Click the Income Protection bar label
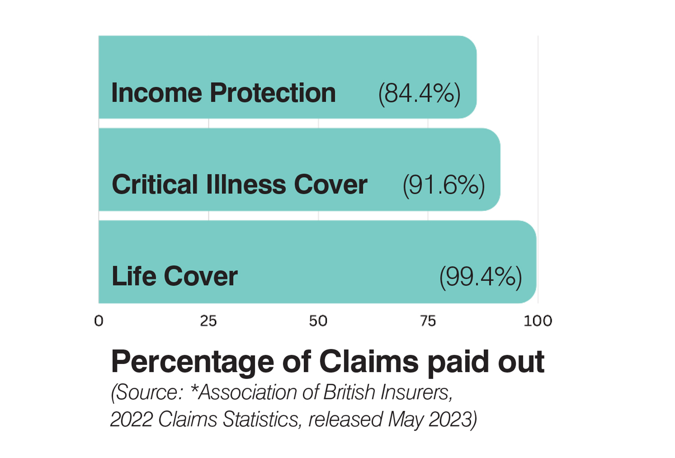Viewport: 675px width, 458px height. (223, 93)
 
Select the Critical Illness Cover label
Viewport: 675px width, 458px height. (239, 184)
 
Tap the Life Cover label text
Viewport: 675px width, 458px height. (175, 276)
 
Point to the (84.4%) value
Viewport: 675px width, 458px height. (419, 93)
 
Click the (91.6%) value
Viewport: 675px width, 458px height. (444, 185)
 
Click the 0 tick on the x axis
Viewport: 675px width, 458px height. (99, 321)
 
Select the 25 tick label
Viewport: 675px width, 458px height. (208, 321)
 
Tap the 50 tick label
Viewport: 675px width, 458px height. (318, 321)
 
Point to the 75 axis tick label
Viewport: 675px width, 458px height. (428, 321)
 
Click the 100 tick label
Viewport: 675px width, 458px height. (538, 321)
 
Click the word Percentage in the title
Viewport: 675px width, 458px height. (192, 362)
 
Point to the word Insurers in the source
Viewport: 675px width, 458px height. (416, 392)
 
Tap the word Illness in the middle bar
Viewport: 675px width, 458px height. (246, 184)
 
